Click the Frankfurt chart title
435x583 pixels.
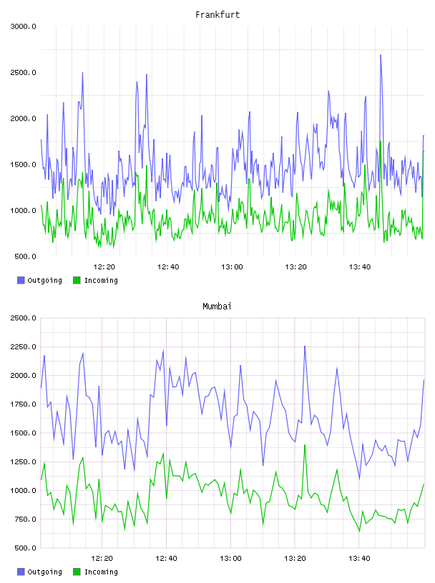coord(217,15)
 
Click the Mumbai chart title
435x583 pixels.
coord(217,307)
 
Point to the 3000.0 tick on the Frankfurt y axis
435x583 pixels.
coord(23,26)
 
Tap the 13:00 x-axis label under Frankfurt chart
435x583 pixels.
coord(232,267)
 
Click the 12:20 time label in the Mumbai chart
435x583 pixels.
coord(102,559)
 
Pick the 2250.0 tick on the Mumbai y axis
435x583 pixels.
coord(23,347)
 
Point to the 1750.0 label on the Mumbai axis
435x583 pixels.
coord(23,404)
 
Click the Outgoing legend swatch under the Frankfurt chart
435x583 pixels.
coord(21,280)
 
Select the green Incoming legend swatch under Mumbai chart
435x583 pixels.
coord(77,572)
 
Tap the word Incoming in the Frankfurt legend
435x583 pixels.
coord(101,281)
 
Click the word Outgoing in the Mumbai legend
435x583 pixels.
coord(44,572)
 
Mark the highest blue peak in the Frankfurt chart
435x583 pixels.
coord(380,56)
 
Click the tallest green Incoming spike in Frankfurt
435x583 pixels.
coord(380,141)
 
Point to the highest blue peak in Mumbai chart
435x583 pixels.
coord(305,346)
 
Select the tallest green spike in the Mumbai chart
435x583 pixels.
coord(305,445)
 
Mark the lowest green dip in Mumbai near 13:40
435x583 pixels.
coord(359,532)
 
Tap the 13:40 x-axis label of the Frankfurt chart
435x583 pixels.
coord(359,267)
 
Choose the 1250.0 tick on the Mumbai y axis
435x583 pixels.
coord(23,462)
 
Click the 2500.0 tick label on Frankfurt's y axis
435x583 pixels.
coord(23,72)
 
